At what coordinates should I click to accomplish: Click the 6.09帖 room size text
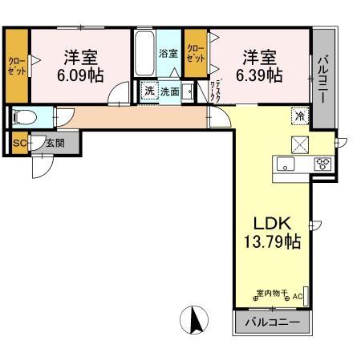click(x=79, y=75)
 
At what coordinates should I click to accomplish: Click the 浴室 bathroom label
click(x=168, y=54)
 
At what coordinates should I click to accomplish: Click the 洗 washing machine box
click(x=148, y=91)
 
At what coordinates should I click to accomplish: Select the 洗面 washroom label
click(x=169, y=91)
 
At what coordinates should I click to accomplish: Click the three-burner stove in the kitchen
click(x=324, y=164)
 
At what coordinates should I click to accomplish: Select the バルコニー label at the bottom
click(x=272, y=322)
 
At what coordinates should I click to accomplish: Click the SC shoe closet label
click(x=18, y=145)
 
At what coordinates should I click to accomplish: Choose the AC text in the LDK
click(x=297, y=297)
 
